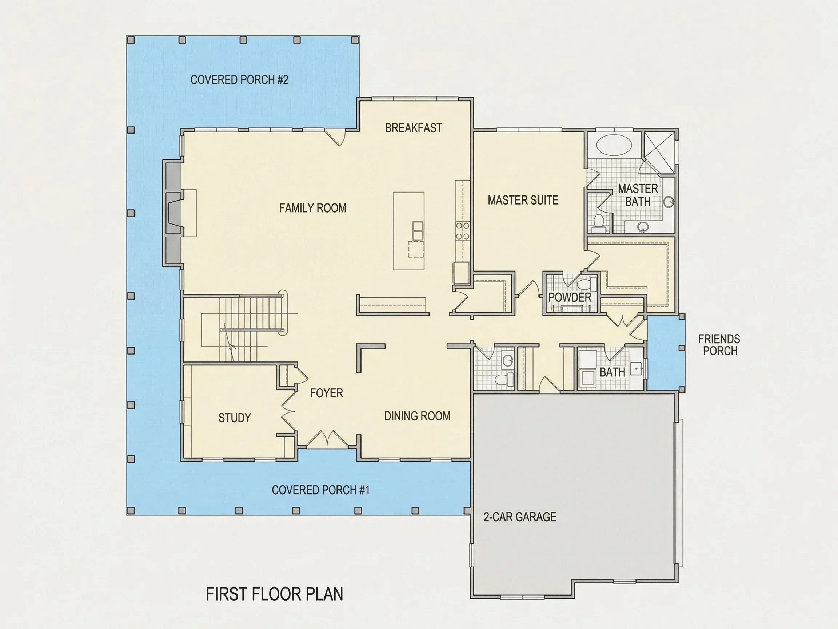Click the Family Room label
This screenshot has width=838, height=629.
tap(312, 208)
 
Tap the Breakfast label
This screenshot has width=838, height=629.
tap(413, 128)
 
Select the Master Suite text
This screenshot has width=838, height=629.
tap(523, 200)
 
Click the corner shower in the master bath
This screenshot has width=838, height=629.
tap(659, 153)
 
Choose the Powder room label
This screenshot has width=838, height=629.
tap(570, 297)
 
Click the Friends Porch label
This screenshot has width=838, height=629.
tap(719, 345)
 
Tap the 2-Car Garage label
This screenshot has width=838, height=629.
tap(520, 517)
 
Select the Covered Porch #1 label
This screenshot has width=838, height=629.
tap(320, 490)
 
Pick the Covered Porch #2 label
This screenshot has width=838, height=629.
tap(239, 80)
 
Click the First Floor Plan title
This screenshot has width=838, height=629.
tap(274, 594)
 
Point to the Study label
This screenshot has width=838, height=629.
tap(235, 418)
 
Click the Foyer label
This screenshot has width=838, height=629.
tap(327, 393)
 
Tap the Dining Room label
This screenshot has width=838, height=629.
tap(417, 416)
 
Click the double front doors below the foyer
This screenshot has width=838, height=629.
tap(327, 439)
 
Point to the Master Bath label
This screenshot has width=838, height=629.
tap(638, 195)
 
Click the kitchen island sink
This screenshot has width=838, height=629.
tap(418, 230)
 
